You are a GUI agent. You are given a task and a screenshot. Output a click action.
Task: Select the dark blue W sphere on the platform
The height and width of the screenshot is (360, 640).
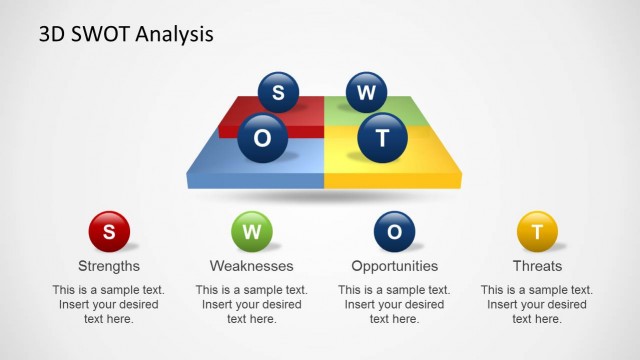click(x=367, y=92)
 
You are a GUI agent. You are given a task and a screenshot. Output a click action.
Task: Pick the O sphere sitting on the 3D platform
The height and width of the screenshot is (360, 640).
click(x=262, y=139)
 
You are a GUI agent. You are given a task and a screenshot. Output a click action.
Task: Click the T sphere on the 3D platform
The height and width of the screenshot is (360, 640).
click(x=382, y=138)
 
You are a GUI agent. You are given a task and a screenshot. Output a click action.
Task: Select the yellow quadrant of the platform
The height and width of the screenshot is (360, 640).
click(x=420, y=160)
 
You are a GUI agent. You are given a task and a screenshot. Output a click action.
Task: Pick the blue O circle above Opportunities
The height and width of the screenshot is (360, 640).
click(x=394, y=232)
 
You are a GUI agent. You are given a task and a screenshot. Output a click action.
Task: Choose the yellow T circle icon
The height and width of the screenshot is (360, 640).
click(x=537, y=232)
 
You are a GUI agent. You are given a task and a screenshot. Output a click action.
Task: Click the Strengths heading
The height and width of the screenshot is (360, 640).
click(x=109, y=266)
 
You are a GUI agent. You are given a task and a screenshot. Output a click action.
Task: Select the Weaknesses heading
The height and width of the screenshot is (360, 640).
click(x=251, y=266)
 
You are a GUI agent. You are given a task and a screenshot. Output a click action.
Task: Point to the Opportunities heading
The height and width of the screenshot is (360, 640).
click(x=394, y=266)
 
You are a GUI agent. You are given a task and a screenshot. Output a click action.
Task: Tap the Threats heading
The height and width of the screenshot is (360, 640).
click(x=537, y=266)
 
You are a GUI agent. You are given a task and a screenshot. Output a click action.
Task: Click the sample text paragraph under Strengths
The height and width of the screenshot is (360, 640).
click(x=109, y=304)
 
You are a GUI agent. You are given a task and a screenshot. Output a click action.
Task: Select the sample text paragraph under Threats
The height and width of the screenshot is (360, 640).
click(x=537, y=304)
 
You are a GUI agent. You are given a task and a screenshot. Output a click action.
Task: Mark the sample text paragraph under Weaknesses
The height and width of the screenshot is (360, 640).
click(x=251, y=304)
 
